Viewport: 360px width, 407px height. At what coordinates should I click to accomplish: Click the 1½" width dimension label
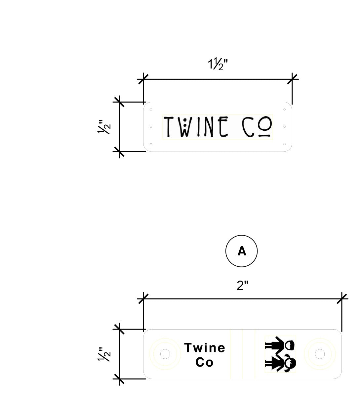218,64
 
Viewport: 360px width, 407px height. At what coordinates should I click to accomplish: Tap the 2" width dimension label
242,286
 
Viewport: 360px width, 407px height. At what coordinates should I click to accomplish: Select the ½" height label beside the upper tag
104,127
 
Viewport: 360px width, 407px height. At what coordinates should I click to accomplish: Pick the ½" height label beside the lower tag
104,354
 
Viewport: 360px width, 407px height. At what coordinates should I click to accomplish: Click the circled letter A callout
241,251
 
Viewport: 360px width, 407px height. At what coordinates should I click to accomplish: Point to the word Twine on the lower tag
205,348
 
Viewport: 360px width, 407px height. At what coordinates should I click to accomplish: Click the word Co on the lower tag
204,362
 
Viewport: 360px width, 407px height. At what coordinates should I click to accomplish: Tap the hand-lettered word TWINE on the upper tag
196,126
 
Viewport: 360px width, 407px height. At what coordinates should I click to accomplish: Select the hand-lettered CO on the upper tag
257,126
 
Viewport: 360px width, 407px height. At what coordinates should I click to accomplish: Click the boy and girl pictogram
280,354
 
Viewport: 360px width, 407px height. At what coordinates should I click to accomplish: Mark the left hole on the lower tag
165,354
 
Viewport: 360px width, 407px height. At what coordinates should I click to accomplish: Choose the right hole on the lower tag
320,354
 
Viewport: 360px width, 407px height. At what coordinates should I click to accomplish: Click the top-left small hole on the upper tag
151,110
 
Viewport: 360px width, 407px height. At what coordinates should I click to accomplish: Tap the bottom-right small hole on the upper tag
284,144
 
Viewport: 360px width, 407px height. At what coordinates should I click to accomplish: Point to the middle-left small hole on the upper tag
151,127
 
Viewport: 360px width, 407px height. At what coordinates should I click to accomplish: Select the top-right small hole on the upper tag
284,110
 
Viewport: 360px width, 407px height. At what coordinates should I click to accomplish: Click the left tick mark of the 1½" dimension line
143,79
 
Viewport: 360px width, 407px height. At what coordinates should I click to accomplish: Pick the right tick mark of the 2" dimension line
342,299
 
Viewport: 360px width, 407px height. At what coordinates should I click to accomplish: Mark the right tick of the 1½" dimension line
292,79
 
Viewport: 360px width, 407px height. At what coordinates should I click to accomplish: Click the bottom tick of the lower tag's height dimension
119,379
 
